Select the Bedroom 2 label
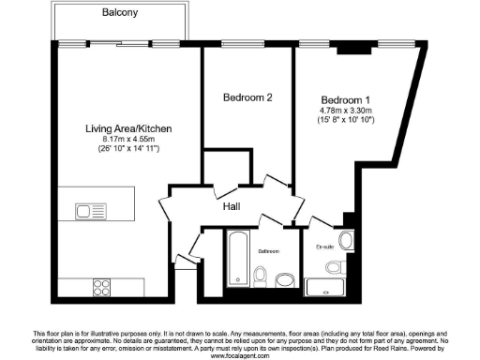pyautogui.click(x=248, y=97)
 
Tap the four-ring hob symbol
pyautogui.click(x=101, y=284)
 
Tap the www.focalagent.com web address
pyautogui.click(x=240, y=356)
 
